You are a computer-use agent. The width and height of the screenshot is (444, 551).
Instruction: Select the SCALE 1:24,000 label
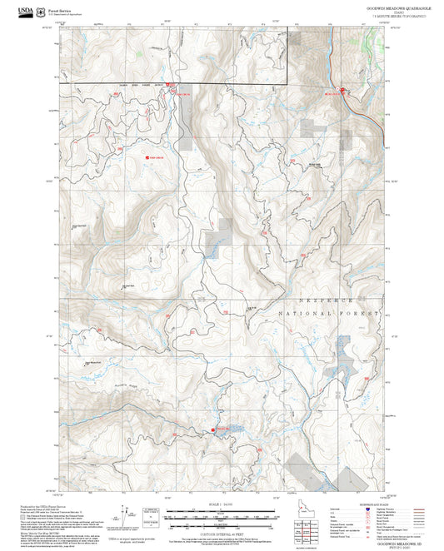[x=222, y=505]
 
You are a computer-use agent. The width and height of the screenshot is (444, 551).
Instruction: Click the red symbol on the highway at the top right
[x=341, y=90]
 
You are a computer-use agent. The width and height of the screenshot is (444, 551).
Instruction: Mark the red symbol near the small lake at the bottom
[x=214, y=429]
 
